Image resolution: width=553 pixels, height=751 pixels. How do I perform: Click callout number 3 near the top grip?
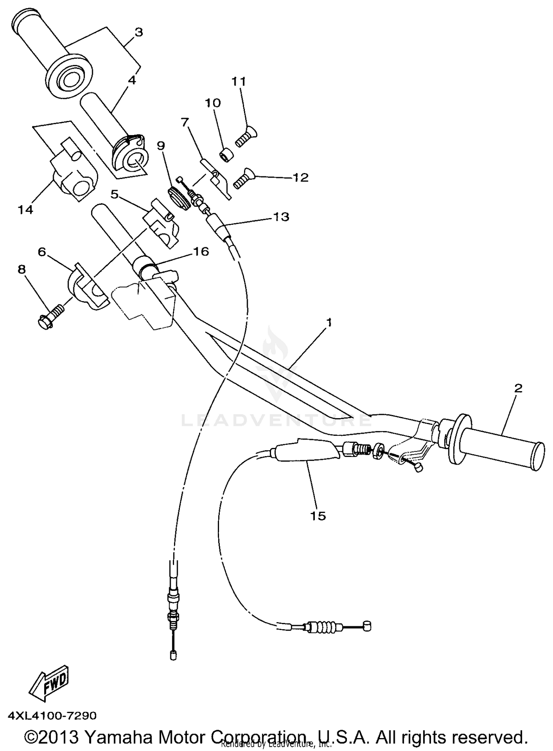point(138,32)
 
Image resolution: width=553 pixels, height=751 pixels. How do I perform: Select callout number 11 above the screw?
point(239,81)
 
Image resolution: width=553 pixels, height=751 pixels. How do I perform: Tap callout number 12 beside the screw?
point(300,178)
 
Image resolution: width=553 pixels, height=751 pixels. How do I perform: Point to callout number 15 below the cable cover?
point(318,516)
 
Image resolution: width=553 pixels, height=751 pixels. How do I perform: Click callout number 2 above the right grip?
point(518,388)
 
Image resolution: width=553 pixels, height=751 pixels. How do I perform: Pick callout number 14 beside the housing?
point(26,210)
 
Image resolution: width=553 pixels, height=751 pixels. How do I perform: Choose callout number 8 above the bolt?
point(22,269)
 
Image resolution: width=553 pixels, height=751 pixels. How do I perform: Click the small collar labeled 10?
point(226,156)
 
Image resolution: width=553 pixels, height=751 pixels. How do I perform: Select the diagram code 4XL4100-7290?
point(52,716)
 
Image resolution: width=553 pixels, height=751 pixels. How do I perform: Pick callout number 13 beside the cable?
point(281,217)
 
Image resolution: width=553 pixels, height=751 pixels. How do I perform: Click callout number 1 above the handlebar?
point(329,323)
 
